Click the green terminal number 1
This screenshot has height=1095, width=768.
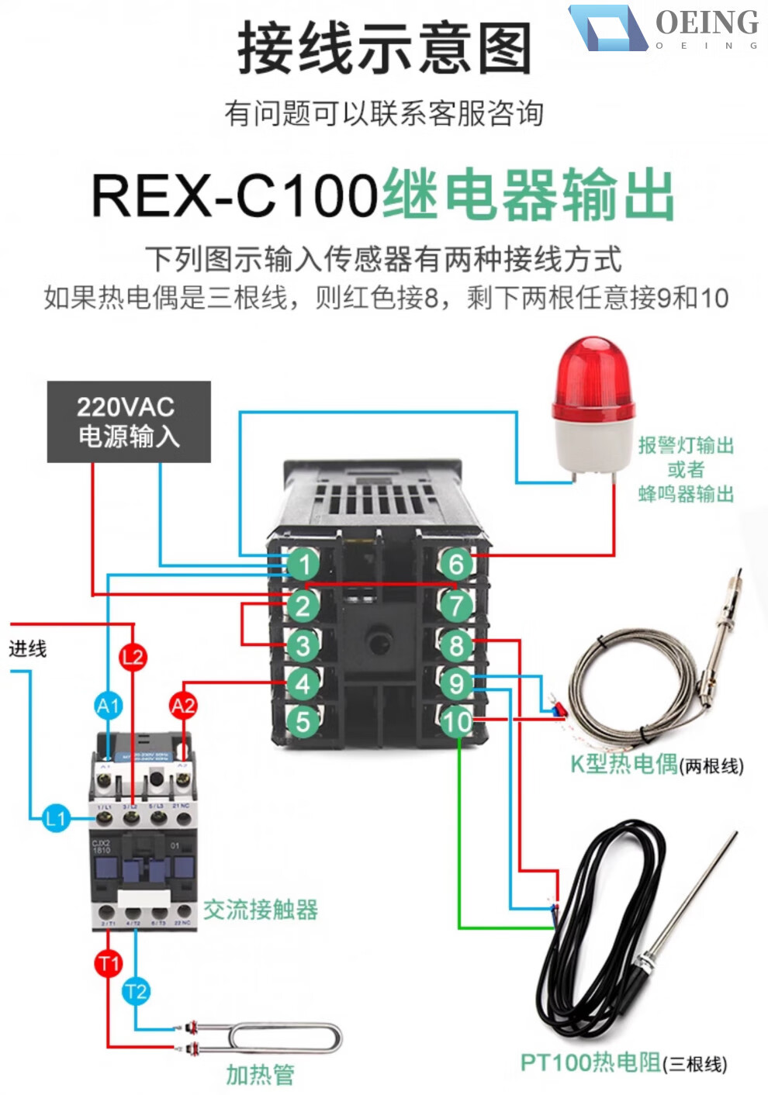click(303, 564)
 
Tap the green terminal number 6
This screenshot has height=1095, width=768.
click(456, 564)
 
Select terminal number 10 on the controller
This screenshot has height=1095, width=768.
click(456, 722)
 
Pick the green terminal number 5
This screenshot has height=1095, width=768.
click(303, 721)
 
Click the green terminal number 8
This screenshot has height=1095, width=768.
click(456, 644)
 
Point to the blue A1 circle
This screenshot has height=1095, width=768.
click(109, 706)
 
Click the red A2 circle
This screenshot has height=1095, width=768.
click(183, 706)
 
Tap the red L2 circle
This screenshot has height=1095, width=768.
click(133, 658)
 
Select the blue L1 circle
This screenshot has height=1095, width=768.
click(56, 818)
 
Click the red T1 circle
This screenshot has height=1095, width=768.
click(109, 963)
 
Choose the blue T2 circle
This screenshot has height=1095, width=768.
click(136, 991)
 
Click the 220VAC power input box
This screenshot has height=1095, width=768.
click(129, 421)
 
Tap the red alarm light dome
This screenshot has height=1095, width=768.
click(593, 372)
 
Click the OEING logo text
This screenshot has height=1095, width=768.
click(707, 23)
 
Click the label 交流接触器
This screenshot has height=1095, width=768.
click(261, 910)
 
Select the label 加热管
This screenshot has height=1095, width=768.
click(261, 1074)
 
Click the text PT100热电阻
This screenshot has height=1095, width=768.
click(590, 1062)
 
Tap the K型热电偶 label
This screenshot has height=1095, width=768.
click(624, 764)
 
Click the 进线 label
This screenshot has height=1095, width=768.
click(28, 648)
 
